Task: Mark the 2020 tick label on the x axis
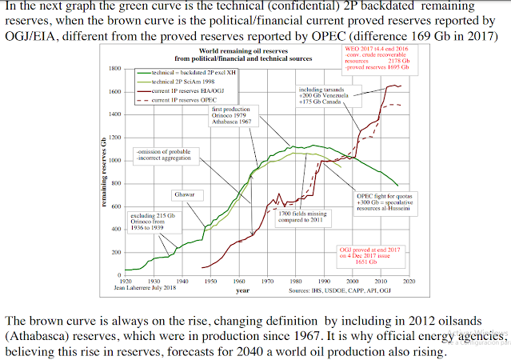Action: point(410,282)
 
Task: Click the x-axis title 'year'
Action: point(242,290)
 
